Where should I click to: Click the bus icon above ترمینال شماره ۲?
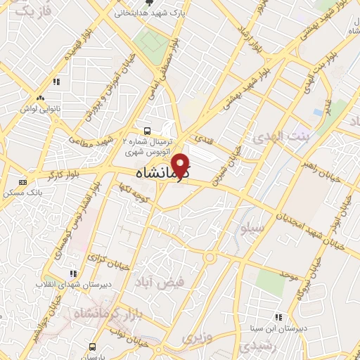tap(147, 131)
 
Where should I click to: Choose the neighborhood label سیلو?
tap(252, 229)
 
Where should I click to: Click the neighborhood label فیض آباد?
tap(159, 282)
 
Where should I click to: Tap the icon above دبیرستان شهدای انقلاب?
tap(72, 274)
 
